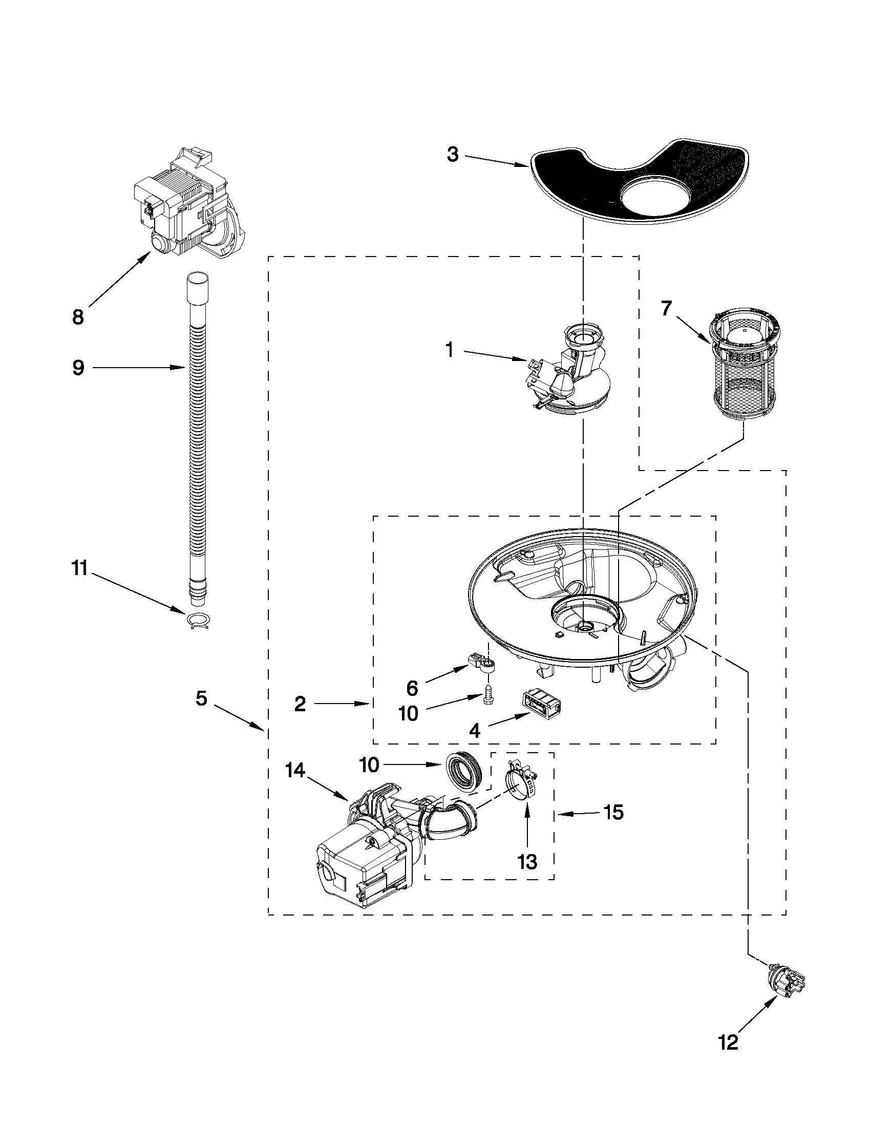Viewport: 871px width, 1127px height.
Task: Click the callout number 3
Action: (x=453, y=154)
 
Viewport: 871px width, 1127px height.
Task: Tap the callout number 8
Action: (x=78, y=317)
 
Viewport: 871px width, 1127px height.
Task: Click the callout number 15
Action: (x=613, y=812)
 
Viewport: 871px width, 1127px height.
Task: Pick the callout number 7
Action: (x=666, y=308)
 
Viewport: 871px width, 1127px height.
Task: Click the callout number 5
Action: (x=201, y=699)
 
